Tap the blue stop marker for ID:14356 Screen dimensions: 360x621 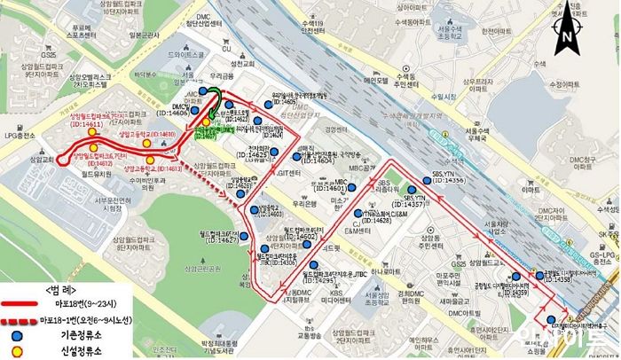(428, 180)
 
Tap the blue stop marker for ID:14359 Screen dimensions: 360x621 (516, 277)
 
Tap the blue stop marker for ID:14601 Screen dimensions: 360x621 (352, 188)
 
